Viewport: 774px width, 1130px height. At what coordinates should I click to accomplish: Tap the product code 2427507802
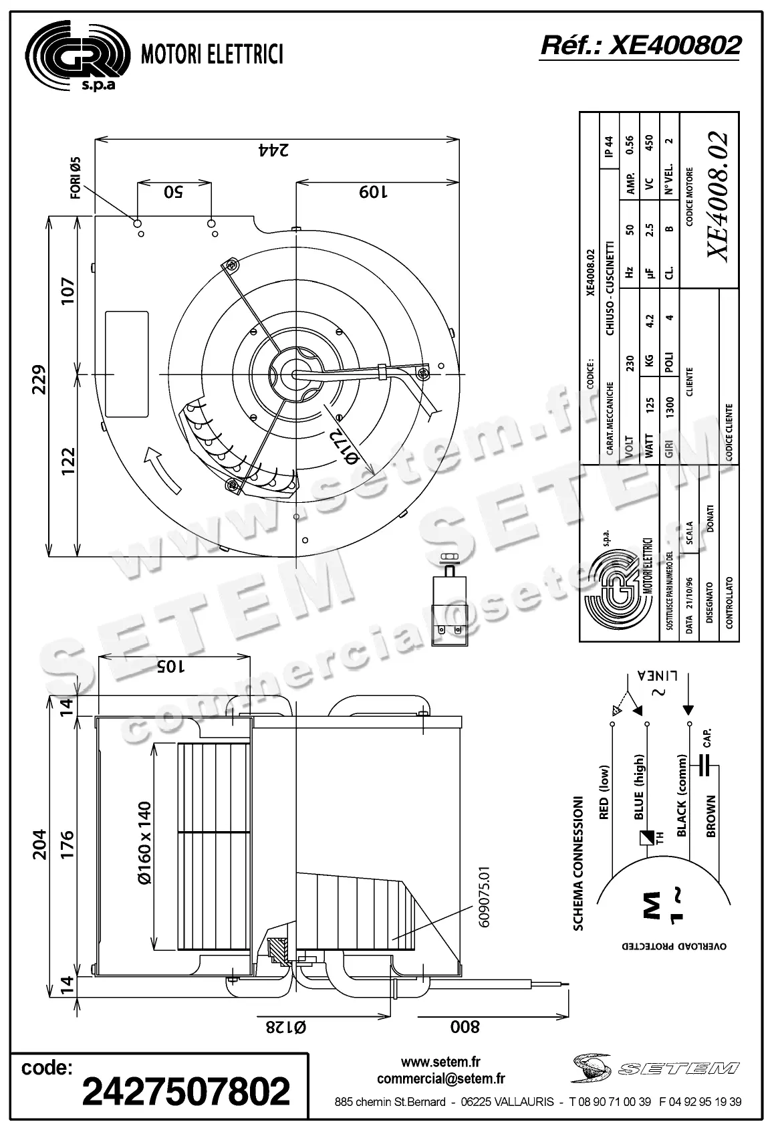tap(186, 1091)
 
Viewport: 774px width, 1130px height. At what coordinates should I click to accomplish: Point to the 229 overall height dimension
tap(39, 379)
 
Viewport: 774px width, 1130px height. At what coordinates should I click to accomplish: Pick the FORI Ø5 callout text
tap(75, 178)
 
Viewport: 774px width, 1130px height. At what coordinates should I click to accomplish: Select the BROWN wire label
tap(711, 816)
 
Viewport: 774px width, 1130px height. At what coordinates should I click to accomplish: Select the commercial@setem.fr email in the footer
tap(440, 1078)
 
